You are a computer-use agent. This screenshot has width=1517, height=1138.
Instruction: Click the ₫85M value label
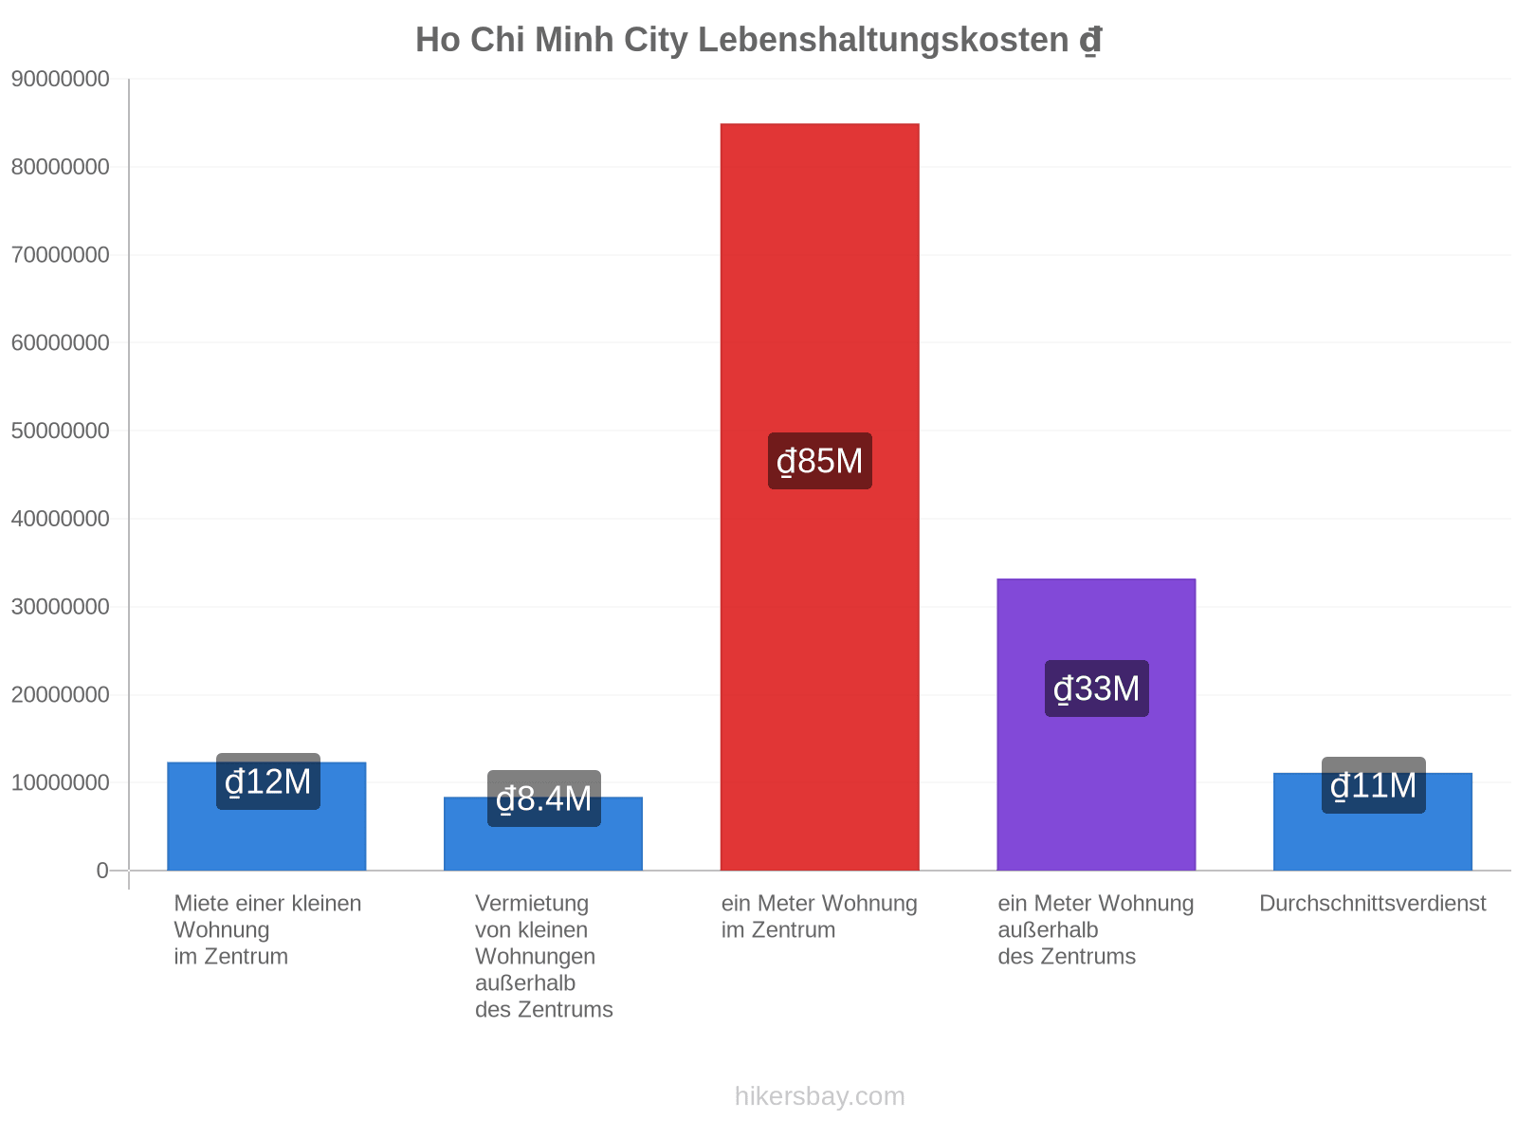(820, 461)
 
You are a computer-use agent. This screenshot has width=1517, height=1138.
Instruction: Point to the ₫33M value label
(1096, 688)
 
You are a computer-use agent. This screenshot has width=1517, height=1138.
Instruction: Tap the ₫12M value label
(268, 781)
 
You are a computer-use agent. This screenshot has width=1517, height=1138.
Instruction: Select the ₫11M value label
(1373, 785)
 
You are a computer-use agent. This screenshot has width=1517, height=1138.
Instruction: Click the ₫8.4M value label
(544, 798)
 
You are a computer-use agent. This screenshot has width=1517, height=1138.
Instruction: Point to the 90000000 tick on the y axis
(60, 79)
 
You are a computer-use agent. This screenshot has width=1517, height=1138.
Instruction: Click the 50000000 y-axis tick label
(60, 431)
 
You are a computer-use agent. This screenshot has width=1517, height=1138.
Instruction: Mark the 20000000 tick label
(60, 694)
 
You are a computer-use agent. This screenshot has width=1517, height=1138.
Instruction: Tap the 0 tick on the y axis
(102, 870)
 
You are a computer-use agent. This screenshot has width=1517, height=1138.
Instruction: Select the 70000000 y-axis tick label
(60, 254)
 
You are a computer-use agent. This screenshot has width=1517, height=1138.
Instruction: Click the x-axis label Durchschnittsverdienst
(1372, 903)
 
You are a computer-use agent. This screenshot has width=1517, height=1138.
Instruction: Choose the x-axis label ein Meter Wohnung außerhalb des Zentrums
(1095, 929)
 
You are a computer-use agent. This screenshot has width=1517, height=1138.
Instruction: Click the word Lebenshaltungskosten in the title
(884, 40)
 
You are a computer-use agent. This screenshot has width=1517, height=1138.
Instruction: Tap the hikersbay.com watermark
(820, 1096)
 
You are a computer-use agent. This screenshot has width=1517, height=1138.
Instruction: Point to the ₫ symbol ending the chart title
(1090, 40)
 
